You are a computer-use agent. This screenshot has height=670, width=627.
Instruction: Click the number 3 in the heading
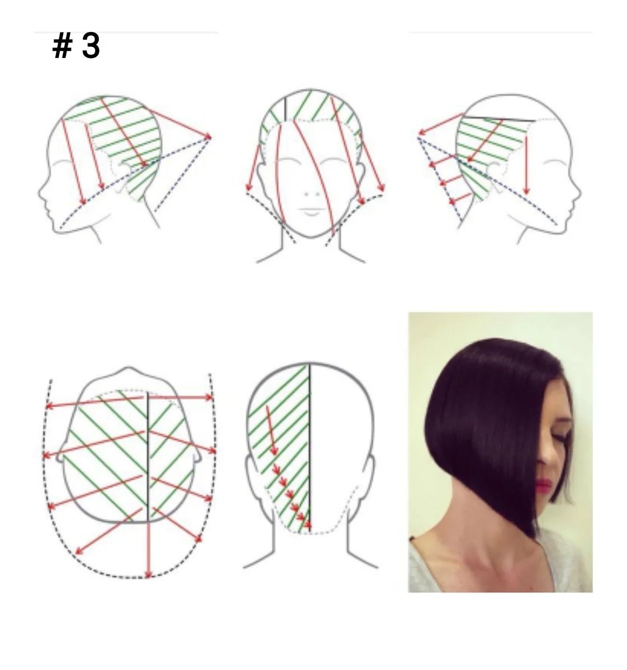click(x=91, y=46)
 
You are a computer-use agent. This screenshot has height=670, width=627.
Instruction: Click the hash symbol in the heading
click(x=63, y=46)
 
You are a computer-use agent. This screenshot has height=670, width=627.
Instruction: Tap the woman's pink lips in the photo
click(x=543, y=485)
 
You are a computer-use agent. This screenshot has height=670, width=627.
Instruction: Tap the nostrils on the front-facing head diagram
click(x=312, y=194)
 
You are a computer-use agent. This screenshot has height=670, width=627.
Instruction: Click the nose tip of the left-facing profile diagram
click(x=40, y=194)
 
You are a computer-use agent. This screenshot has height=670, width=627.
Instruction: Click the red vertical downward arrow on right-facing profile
click(x=526, y=165)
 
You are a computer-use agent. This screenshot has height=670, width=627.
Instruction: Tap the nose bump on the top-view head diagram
click(x=128, y=370)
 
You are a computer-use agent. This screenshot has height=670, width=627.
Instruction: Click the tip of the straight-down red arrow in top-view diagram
click(x=148, y=577)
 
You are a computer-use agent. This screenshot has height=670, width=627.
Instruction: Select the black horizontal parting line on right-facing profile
click(x=498, y=119)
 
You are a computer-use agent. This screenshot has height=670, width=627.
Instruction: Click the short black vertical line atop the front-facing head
click(x=285, y=109)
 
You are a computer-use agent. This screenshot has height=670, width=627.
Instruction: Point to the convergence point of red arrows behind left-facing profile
click(x=210, y=137)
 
